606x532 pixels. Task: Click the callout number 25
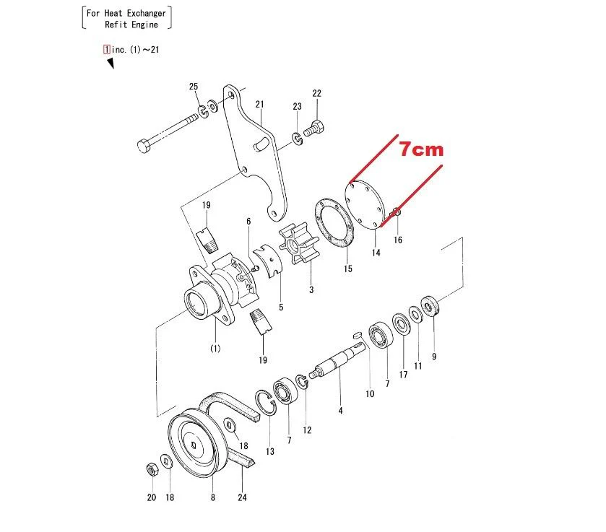tap(194, 87)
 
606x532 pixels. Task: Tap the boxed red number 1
tap(108, 50)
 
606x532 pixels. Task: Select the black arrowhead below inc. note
tap(111, 64)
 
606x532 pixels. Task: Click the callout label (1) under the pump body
tap(215, 349)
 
